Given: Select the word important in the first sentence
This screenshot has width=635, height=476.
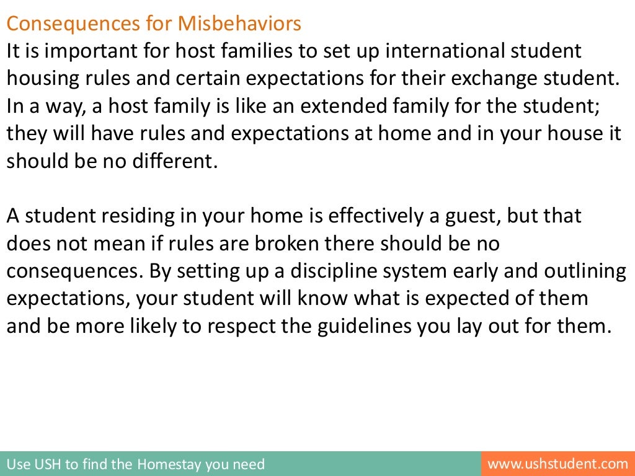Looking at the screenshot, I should point(77,51).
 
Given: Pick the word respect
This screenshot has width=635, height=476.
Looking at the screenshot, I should point(257,325).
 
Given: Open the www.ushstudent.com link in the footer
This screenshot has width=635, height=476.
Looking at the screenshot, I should point(558,464).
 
